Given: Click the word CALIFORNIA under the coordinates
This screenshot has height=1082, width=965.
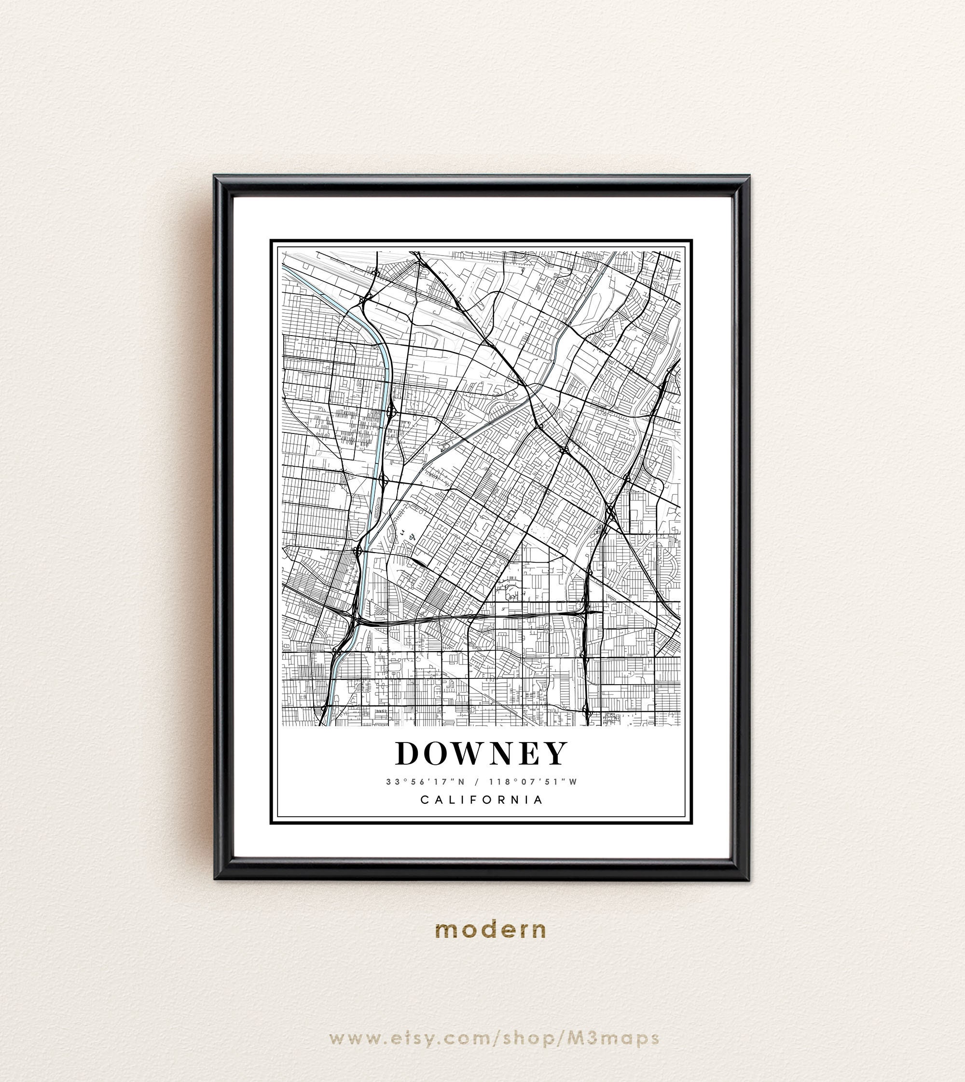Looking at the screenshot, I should click(x=482, y=799).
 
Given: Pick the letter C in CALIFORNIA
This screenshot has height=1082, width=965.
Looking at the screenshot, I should click(x=425, y=799).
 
